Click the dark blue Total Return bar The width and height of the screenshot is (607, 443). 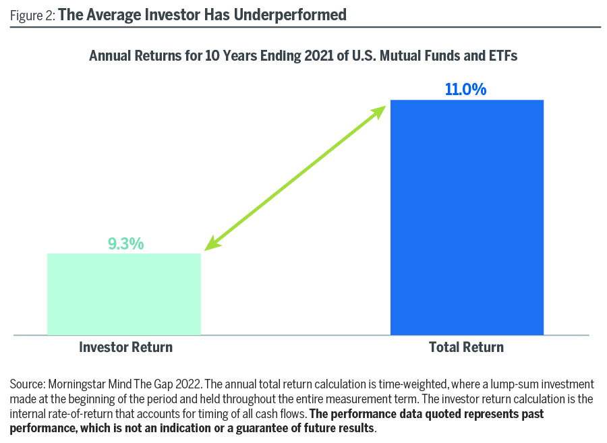467,217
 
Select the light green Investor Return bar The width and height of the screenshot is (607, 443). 124,294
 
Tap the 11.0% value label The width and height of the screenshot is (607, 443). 465,89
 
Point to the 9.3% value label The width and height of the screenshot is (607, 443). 126,243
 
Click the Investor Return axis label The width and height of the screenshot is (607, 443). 125,347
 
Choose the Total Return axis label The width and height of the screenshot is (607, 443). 466,347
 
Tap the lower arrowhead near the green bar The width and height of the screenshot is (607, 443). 212,243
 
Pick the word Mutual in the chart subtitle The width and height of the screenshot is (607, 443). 401,56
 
